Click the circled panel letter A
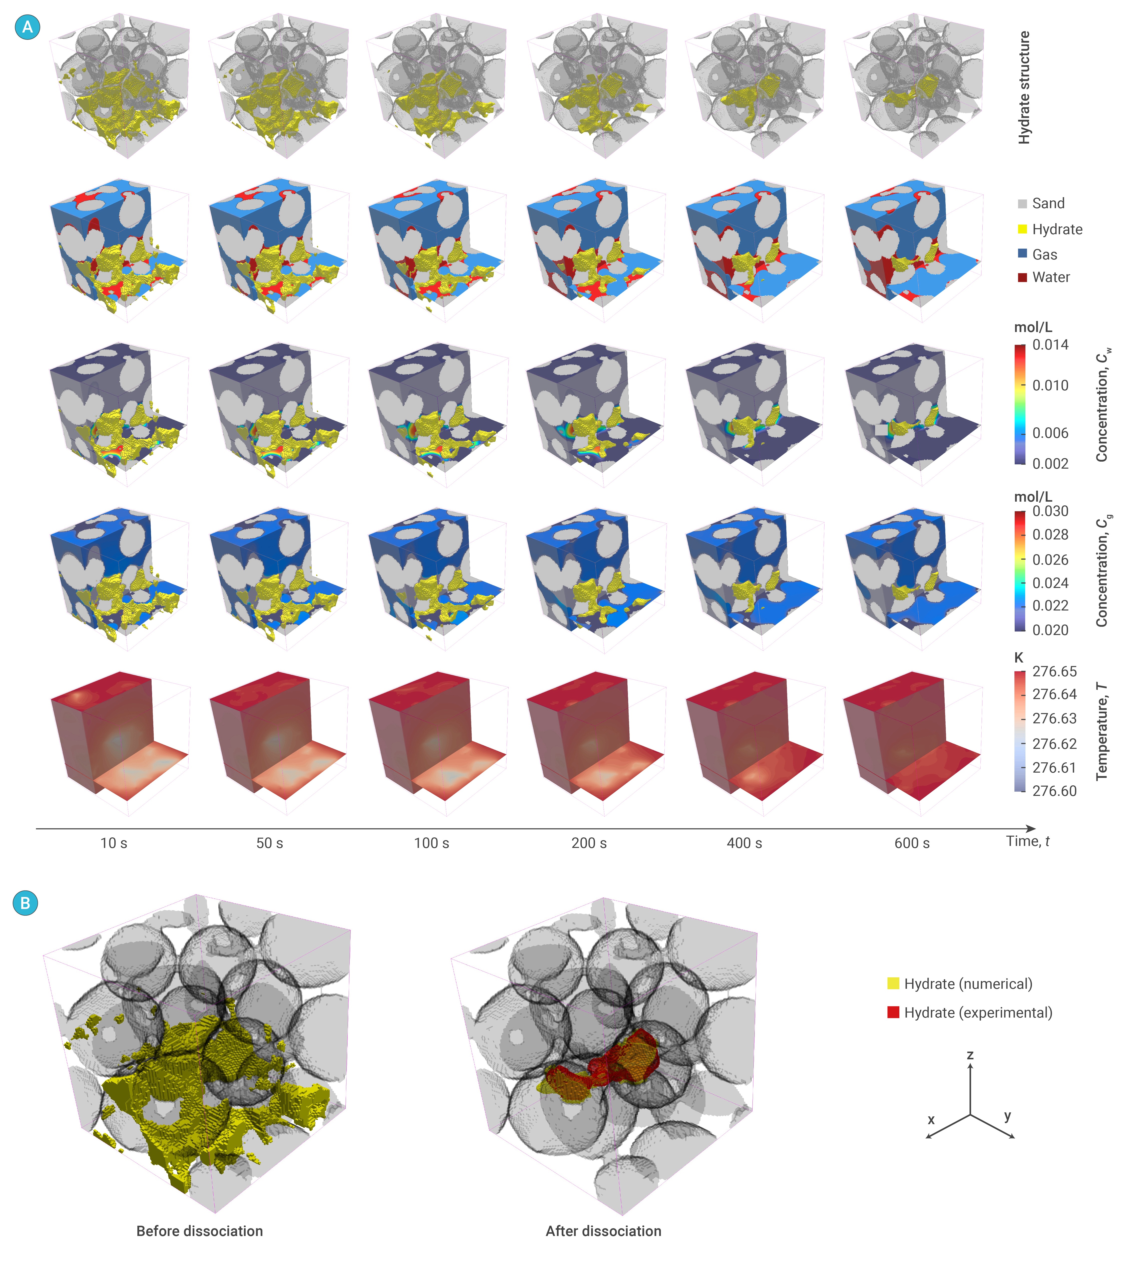pyautogui.click(x=27, y=27)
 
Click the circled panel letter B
pyautogui.click(x=25, y=903)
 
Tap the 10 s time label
pyautogui.click(x=114, y=843)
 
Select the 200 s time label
pyautogui.click(x=589, y=843)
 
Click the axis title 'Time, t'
pyautogui.click(x=1027, y=841)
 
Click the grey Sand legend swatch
pyautogui.click(x=1022, y=204)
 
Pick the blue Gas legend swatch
pyautogui.click(x=1022, y=254)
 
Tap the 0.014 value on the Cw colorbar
pyautogui.click(x=1050, y=345)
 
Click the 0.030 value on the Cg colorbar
pyautogui.click(x=1050, y=511)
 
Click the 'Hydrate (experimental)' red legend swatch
pyautogui.click(x=893, y=1013)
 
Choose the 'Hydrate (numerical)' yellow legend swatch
pyautogui.click(x=893, y=984)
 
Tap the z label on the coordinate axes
pyautogui.click(x=970, y=1055)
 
